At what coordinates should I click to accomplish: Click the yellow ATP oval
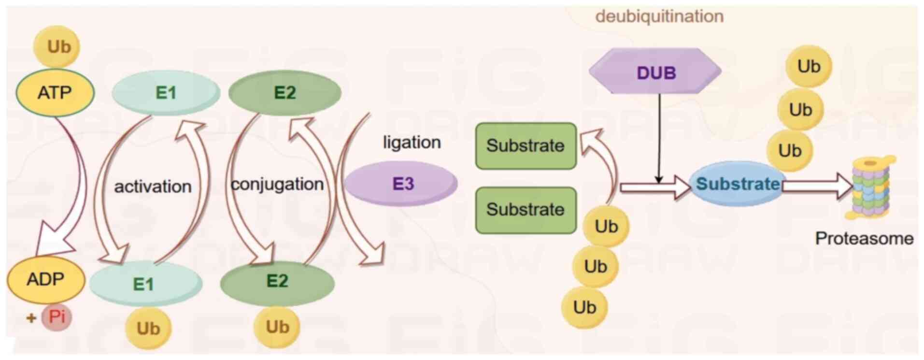pos(55,92)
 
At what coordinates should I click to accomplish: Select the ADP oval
pos(46,279)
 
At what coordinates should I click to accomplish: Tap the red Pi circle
pos(57,317)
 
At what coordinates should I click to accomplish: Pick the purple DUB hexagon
pos(655,72)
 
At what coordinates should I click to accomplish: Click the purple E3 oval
pos(401,184)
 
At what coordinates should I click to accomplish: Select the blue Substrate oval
pos(737,184)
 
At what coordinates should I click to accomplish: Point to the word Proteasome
pos(864,238)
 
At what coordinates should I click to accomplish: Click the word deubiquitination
pos(659,16)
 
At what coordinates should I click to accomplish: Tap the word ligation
pos(412,143)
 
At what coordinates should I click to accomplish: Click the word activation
pos(153,187)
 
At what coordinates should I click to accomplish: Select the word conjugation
pos(277,184)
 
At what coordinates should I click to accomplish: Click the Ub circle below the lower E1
pos(148,329)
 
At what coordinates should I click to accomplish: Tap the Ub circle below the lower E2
pos(277,327)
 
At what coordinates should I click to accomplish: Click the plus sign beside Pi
pos(31,318)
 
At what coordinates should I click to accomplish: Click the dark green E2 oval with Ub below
pos(277,281)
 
